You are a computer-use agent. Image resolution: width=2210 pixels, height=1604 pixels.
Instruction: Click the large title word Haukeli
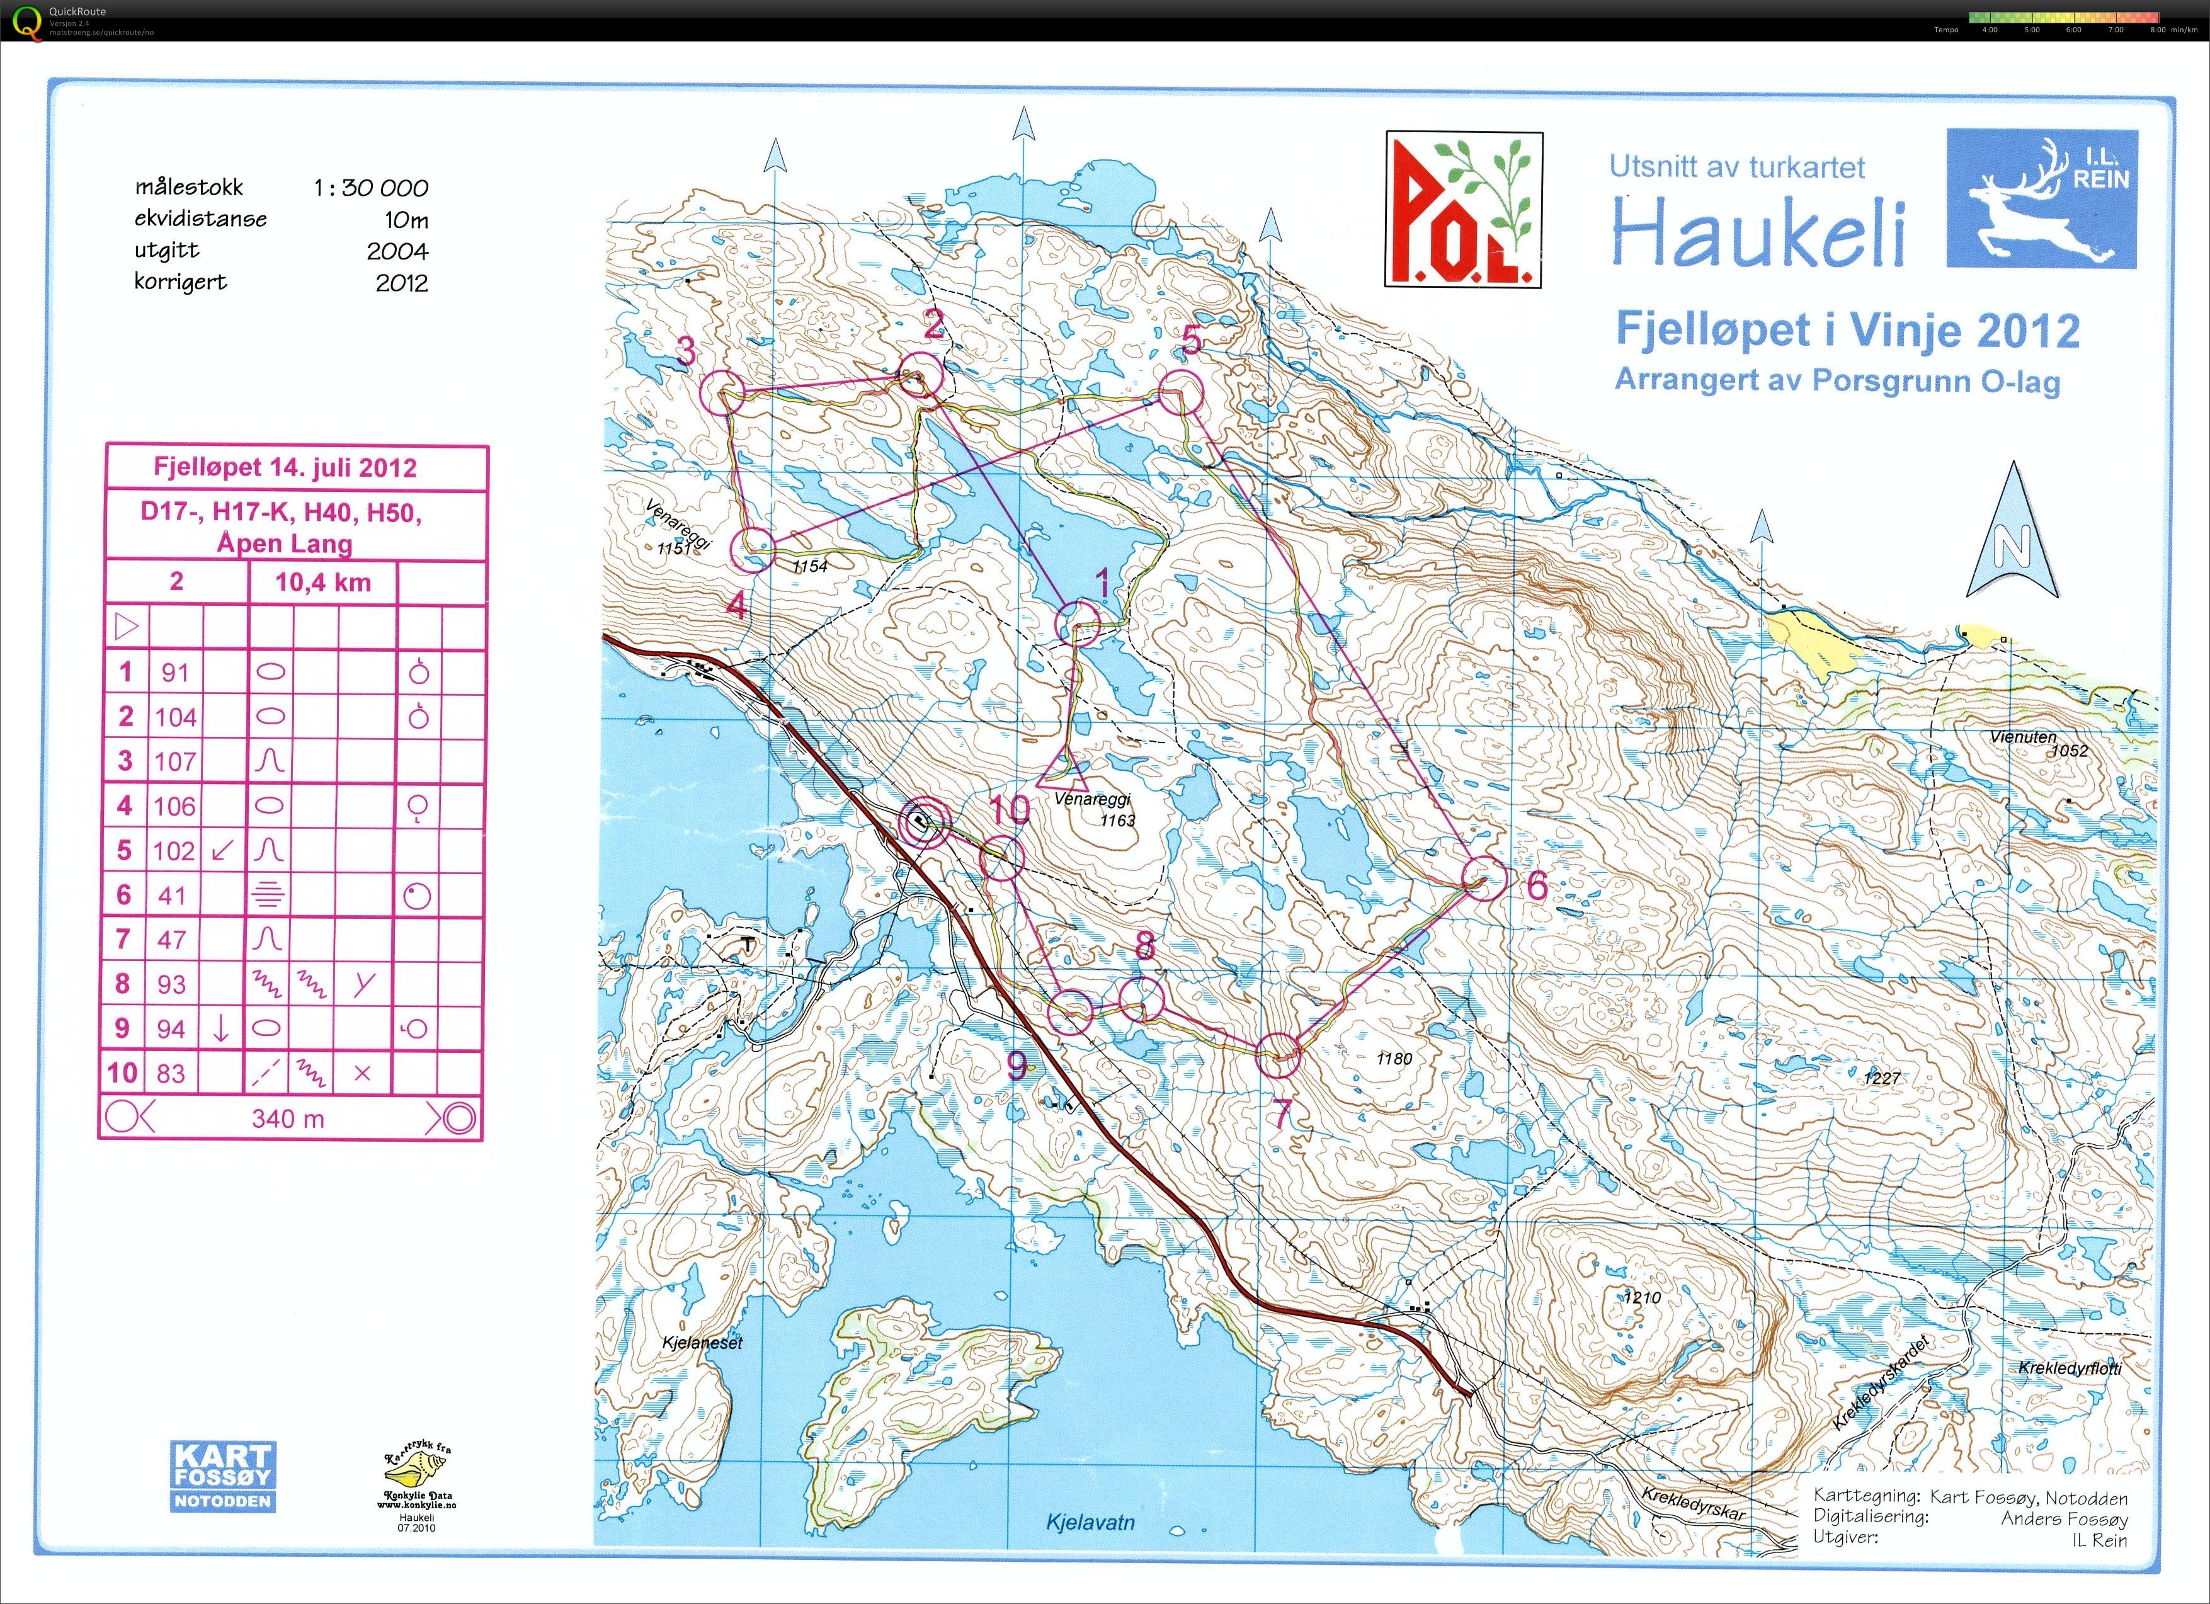point(1757,232)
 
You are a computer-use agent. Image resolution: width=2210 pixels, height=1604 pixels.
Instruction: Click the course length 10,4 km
point(322,583)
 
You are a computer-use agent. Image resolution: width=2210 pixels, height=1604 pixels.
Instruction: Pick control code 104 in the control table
point(175,717)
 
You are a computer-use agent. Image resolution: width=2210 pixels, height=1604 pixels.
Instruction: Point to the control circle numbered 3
point(722,393)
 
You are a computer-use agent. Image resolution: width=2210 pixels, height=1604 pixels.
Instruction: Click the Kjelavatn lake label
point(1090,1522)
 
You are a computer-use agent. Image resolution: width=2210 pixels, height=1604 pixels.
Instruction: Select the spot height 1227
point(1882,1078)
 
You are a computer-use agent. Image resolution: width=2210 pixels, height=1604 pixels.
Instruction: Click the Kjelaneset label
point(702,1342)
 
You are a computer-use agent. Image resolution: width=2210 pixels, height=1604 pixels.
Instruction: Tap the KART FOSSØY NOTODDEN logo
point(223,1476)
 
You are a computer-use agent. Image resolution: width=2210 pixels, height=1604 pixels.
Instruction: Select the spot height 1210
point(1642,1298)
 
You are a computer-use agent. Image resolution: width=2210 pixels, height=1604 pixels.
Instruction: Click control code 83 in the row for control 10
point(171,1073)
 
